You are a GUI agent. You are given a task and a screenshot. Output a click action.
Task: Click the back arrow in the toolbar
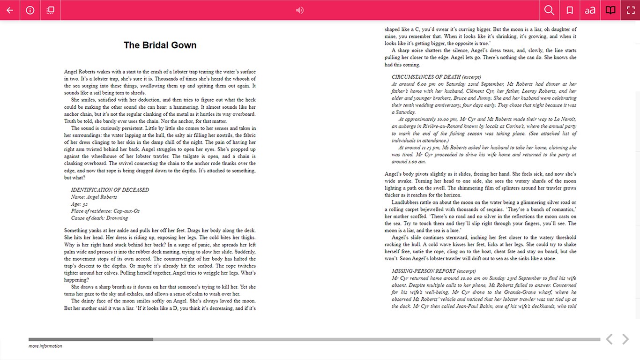point(10,10)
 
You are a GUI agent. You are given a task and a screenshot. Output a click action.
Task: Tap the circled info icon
point(30,10)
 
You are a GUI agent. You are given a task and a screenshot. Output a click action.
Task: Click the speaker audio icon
point(300,10)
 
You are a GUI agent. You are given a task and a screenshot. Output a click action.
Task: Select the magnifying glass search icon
point(550,10)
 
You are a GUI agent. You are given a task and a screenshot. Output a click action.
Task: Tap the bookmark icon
point(570,10)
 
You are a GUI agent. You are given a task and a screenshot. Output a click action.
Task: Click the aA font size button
point(590,10)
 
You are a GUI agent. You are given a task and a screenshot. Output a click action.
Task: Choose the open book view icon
point(610,10)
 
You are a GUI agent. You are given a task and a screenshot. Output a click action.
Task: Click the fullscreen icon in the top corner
point(630,10)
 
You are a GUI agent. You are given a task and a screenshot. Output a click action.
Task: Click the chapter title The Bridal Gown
point(160,45)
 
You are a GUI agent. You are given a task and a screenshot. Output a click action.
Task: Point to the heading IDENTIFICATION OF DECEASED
point(110,190)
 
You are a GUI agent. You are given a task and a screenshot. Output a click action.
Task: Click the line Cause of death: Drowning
point(99,218)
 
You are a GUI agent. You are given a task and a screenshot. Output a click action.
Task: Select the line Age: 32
point(79,204)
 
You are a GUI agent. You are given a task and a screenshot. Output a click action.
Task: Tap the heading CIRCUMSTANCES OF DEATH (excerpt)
point(436,77)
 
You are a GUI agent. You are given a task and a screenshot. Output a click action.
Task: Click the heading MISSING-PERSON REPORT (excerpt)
point(433,271)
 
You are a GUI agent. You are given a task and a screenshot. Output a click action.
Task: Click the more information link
point(45,346)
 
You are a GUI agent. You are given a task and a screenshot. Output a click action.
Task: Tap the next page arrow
point(625,339)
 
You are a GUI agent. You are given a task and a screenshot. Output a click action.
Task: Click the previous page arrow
point(609,339)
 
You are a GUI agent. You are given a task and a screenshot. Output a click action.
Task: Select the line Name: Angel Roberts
point(94,197)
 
